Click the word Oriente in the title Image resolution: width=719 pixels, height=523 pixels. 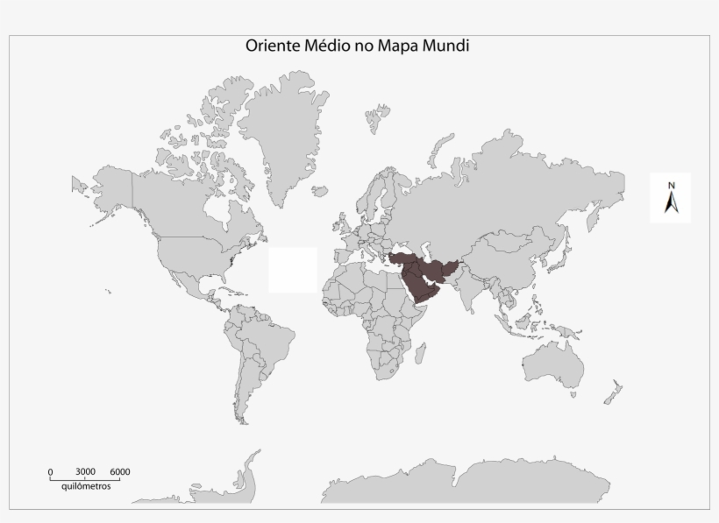(x=273, y=46)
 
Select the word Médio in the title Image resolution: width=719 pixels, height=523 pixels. (x=330, y=46)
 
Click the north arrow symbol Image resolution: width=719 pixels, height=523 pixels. (x=671, y=203)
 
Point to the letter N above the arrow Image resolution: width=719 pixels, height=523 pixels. (x=671, y=185)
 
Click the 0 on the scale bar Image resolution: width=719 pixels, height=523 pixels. (x=50, y=472)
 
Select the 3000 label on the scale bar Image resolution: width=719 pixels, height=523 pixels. (x=85, y=472)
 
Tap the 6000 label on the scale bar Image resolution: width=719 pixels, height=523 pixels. (x=120, y=472)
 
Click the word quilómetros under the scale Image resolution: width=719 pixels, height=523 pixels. (x=87, y=486)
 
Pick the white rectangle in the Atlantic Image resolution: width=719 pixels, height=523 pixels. (x=293, y=270)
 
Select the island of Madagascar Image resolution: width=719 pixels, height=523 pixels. (x=429, y=355)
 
